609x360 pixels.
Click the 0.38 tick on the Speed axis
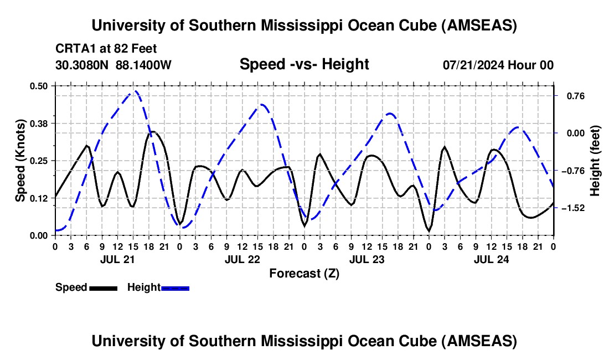(x=40, y=123)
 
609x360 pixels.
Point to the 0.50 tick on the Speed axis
(x=40, y=86)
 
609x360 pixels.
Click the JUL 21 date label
(x=117, y=259)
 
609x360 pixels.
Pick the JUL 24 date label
(x=491, y=259)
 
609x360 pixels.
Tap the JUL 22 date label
(x=242, y=259)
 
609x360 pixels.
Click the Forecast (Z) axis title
(x=304, y=273)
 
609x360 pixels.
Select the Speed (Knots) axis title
(x=20, y=161)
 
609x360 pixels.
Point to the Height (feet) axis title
(x=595, y=161)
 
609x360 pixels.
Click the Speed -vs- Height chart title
(x=304, y=64)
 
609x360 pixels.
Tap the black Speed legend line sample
(x=103, y=287)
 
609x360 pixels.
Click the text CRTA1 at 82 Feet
(x=106, y=48)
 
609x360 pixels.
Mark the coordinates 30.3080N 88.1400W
(x=113, y=65)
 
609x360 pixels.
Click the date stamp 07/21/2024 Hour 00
(x=498, y=65)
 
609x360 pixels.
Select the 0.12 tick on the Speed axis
(x=40, y=198)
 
